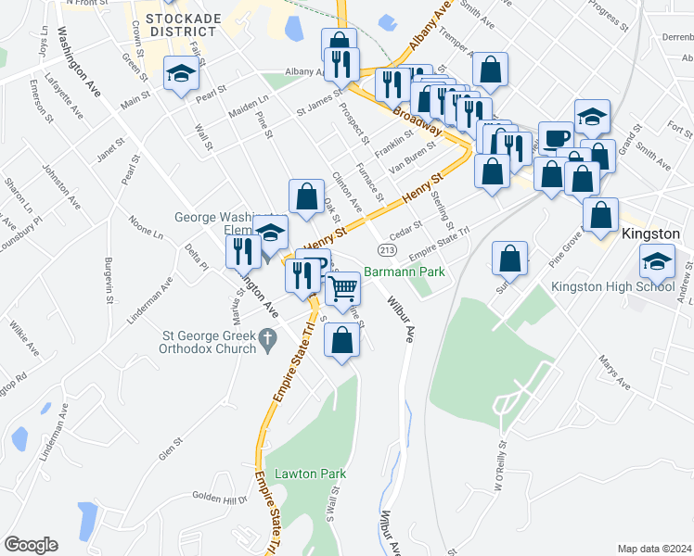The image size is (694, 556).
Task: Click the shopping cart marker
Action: [x=343, y=288]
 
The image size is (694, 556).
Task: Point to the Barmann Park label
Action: [x=405, y=272]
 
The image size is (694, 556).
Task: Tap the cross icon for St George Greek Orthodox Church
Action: [x=268, y=340]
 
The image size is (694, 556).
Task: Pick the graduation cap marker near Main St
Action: [x=181, y=73]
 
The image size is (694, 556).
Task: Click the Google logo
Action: [x=31, y=545]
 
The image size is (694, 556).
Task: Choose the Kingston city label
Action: [x=653, y=234]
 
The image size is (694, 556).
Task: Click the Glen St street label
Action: [x=168, y=449]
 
